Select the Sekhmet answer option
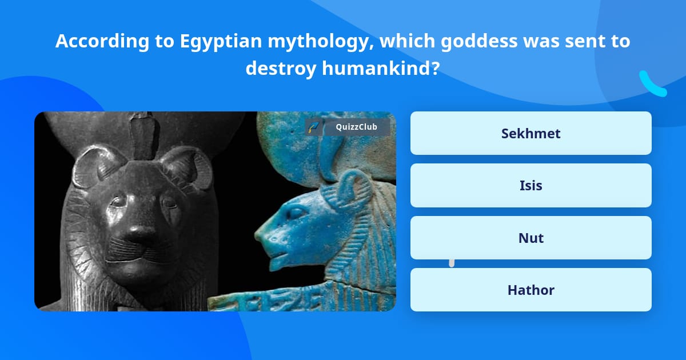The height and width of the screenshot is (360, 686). [531, 133]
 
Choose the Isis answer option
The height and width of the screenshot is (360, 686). [531, 185]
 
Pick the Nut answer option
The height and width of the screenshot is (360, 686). [531, 238]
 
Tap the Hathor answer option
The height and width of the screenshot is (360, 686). [531, 290]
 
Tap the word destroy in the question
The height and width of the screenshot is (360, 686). [281, 68]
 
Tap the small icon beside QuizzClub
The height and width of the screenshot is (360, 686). [313, 127]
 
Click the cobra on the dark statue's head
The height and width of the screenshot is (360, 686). [139, 134]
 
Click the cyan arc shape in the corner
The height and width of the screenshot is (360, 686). [652, 85]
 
